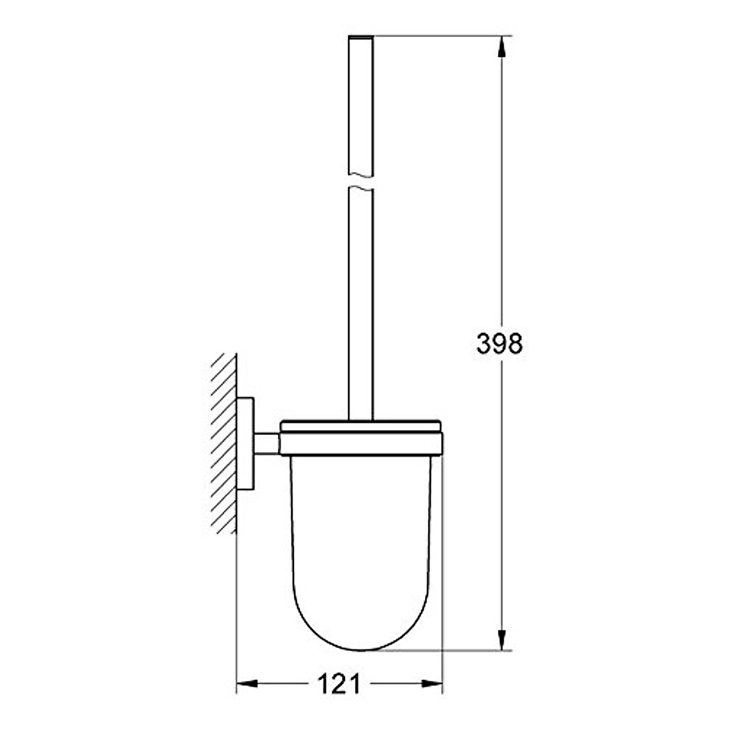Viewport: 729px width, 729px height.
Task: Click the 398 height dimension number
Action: tap(499, 344)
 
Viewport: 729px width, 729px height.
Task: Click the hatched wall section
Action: tap(224, 443)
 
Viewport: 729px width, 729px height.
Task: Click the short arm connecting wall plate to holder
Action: tap(266, 443)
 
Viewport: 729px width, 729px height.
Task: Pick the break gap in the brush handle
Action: tap(361, 180)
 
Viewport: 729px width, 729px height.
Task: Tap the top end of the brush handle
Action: tap(361, 39)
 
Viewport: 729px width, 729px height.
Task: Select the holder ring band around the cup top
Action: tap(361, 443)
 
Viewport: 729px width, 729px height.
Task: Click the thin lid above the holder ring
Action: tap(361, 424)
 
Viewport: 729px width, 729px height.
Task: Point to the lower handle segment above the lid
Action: tap(361, 304)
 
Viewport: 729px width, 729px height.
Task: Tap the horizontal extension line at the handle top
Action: tap(437, 37)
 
